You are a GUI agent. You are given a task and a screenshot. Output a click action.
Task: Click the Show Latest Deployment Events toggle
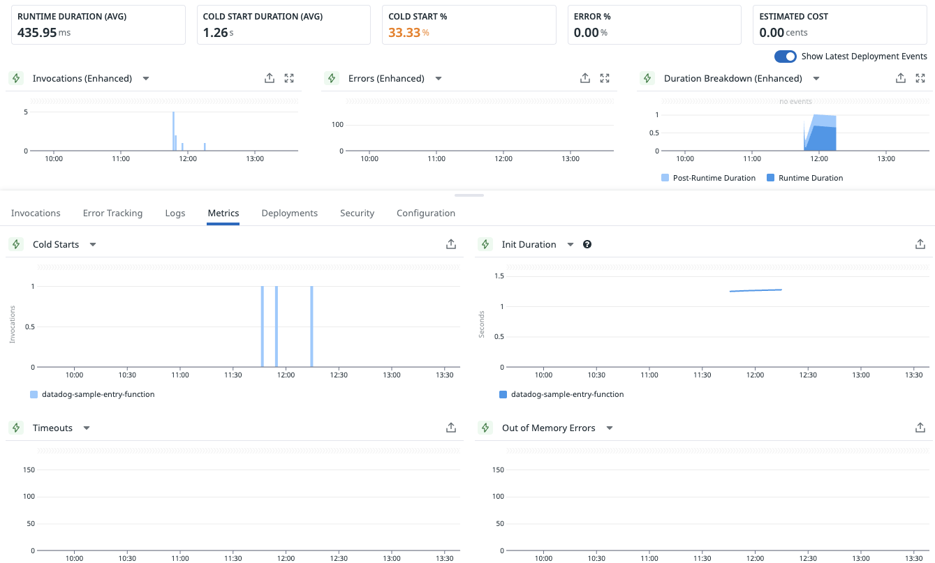[786, 57]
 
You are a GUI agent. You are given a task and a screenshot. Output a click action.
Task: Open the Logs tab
[175, 213]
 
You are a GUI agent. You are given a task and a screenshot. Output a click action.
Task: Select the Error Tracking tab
[112, 213]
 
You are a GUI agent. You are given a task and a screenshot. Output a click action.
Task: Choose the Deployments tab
[289, 213]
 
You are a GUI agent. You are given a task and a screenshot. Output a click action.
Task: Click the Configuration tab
[425, 213]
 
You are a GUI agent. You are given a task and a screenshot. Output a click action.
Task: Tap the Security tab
[357, 213]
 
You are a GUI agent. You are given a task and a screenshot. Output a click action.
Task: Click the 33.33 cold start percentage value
[404, 32]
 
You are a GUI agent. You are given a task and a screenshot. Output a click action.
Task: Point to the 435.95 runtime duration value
[37, 32]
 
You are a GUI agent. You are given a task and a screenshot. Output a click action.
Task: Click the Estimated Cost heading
[793, 16]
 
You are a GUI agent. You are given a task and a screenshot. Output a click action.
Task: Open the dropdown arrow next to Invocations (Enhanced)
[146, 79]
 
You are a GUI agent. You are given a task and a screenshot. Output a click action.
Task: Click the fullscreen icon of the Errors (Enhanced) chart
[605, 79]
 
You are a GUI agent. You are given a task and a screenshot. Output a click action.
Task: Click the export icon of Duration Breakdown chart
[901, 79]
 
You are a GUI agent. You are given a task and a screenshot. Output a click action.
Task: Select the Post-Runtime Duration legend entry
[714, 178]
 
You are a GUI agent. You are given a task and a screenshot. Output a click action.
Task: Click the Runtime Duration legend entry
[810, 178]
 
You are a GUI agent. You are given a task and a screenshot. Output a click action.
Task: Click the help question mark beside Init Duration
[587, 244]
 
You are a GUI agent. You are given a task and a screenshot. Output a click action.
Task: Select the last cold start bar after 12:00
[311, 326]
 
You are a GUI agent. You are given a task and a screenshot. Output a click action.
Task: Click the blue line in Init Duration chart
[756, 290]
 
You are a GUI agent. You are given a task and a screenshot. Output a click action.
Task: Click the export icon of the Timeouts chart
[451, 428]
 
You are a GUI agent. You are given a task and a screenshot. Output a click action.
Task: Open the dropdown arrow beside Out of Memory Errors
[610, 428]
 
